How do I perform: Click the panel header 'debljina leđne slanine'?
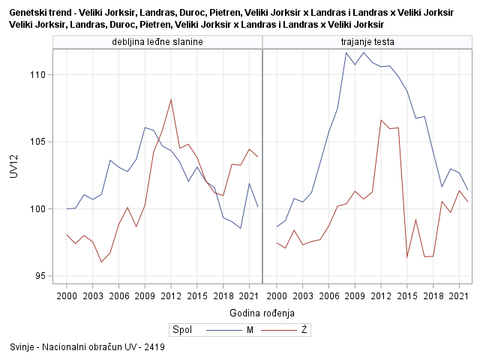(x=157, y=42)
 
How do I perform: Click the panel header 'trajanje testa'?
(x=367, y=42)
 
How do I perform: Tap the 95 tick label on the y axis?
(x=40, y=276)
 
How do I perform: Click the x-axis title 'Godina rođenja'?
(x=261, y=313)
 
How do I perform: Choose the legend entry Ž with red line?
(x=303, y=330)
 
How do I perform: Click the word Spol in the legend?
(x=181, y=330)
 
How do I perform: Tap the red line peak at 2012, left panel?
(x=171, y=100)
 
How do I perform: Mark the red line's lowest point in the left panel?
(x=101, y=262)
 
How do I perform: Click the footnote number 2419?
(x=154, y=348)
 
